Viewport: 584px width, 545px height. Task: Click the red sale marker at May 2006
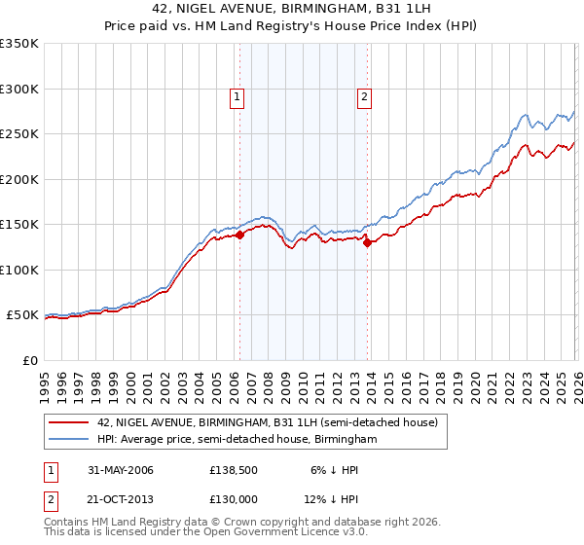point(239,235)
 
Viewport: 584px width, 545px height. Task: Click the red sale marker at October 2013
point(367,243)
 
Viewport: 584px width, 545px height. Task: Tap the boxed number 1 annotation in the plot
point(237,96)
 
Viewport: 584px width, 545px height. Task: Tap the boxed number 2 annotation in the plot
point(364,96)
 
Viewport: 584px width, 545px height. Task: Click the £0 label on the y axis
point(29,360)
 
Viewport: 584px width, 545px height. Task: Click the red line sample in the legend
point(68,423)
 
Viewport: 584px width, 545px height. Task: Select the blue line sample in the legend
point(68,440)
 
